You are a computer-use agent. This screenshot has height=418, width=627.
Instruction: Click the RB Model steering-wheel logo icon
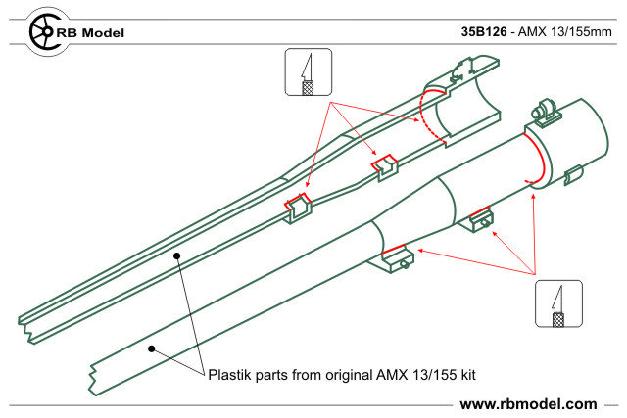click(42, 31)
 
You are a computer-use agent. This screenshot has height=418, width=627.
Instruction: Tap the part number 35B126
click(483, 31)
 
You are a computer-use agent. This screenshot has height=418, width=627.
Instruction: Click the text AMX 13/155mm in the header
click(562, 31)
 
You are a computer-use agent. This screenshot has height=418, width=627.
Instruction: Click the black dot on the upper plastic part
click(176, 255)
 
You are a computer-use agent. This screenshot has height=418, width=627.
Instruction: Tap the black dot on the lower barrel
click(149, 347)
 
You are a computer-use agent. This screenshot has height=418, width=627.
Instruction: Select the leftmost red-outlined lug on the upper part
click(297, 206)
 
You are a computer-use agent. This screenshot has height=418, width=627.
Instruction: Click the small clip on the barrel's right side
click(574, 175)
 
